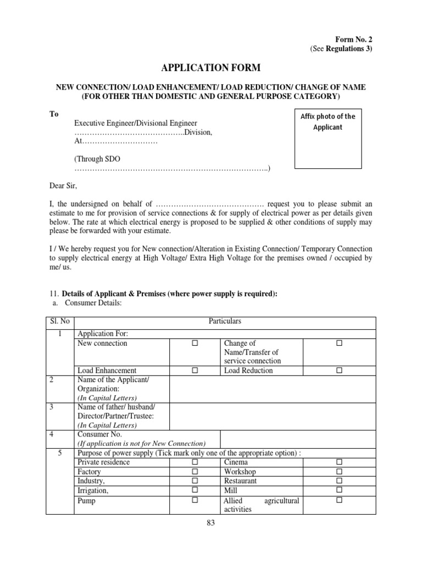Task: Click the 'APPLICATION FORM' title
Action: (211, 68)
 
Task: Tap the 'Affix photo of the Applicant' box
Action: (328, 137)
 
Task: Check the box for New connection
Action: (195, 343)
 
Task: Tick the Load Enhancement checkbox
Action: (195, 371)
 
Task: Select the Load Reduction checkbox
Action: (339, 371)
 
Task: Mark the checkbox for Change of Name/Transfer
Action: (339, 343)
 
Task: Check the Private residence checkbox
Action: (195, 462)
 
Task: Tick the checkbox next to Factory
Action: (195, 472)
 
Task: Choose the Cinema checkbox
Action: (339, 462)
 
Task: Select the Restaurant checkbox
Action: (339, 481)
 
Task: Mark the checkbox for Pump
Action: (195, 500)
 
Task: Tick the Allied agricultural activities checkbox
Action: (339, 500)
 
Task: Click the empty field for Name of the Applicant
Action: (273, 388)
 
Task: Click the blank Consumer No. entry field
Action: (297, 438)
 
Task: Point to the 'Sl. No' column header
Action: (59, 321)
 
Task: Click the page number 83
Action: (211, 523)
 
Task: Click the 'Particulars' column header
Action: (225, 321)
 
